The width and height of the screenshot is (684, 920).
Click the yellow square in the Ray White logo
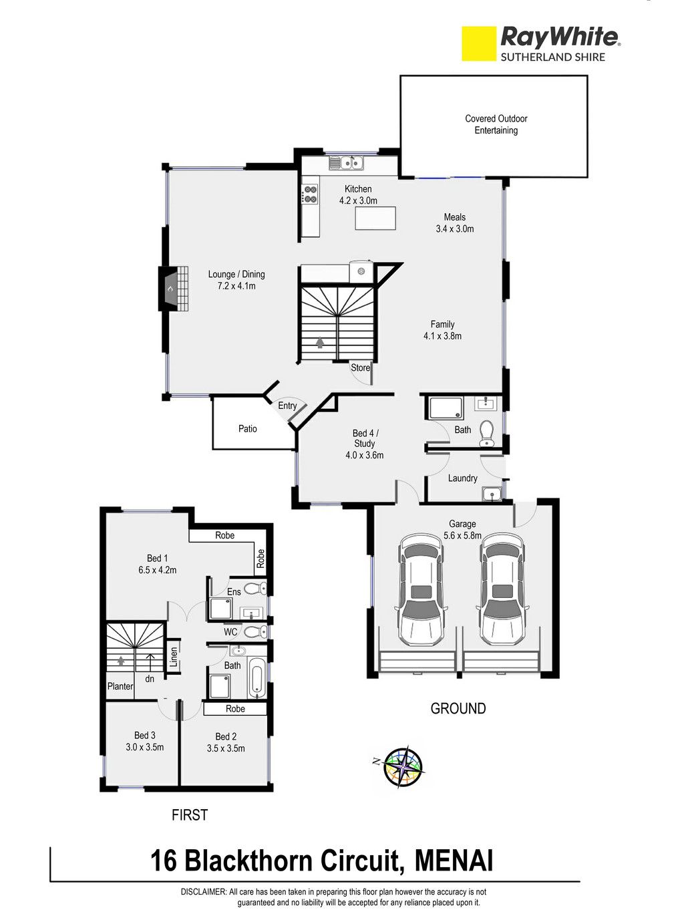pos(479,43)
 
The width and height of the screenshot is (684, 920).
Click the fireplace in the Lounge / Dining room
pos(174,288)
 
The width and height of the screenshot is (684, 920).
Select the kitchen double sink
pos(346,163)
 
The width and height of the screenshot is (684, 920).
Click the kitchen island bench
pos(375,218)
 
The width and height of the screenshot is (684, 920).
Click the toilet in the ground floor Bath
pos(486,434)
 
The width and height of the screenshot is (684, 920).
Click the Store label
pos(361,367)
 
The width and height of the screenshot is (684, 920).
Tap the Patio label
pos(248,429)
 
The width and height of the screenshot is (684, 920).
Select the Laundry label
pos(462,478)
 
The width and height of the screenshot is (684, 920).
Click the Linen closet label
pos(174,657)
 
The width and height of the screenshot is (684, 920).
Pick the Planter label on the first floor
pos(120,686)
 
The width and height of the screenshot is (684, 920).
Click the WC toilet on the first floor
pos(254,632)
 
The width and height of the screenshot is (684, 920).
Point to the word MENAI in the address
pos(454,861)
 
